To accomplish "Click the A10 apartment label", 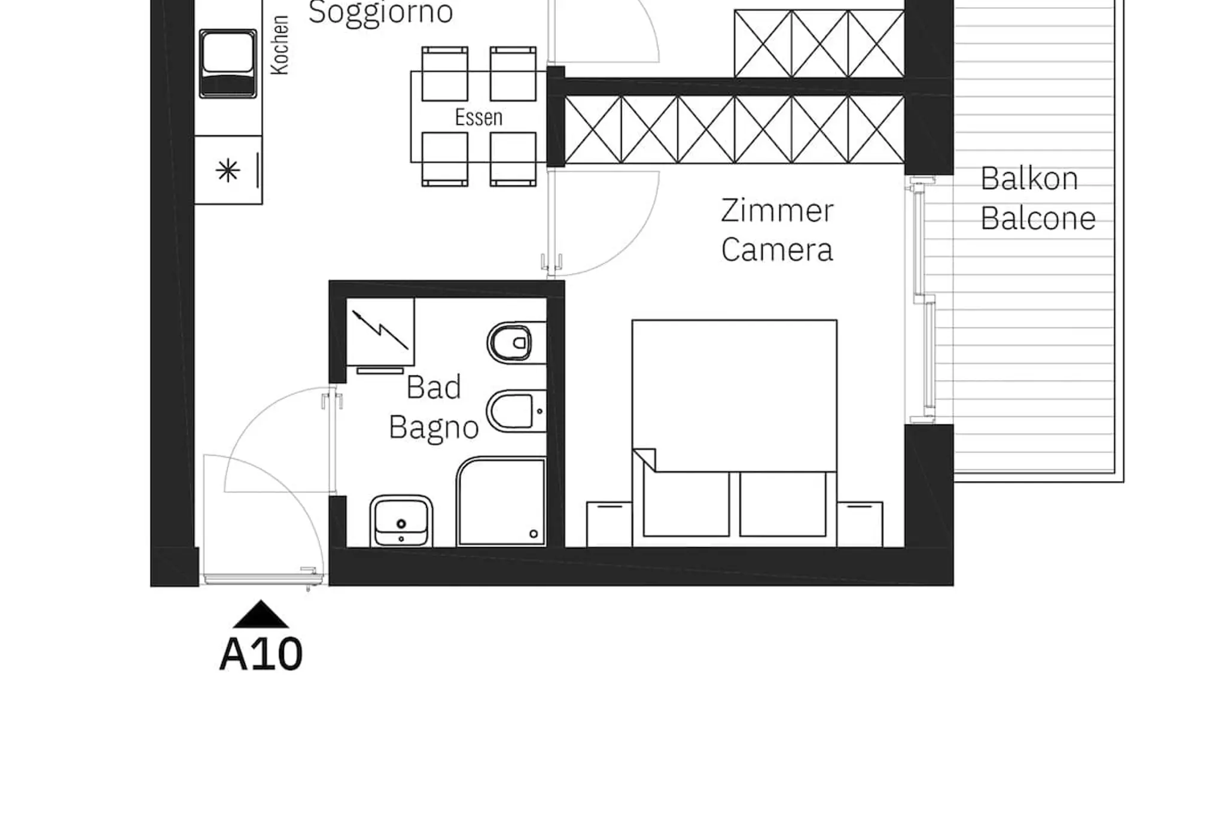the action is coord(261,654).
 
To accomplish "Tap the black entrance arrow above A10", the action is coord(261,615).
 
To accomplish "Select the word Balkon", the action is coord(1029,178).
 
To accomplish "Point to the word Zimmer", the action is coord(777,211).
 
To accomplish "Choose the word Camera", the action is coord(777,250).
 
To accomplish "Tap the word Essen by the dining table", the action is coord(479,117).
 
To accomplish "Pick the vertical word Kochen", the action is coord(280,45).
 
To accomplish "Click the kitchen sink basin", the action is coord(228,63).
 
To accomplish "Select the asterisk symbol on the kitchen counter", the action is coord(228,172).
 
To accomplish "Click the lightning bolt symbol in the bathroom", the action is coord(380,330).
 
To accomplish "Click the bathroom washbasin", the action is coord(401,521).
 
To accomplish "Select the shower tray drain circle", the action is coord(534,534).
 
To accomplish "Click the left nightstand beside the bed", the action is coord(609,524).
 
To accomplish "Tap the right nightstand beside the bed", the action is coord(860,524).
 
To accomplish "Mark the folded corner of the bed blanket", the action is coord(644,460).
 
